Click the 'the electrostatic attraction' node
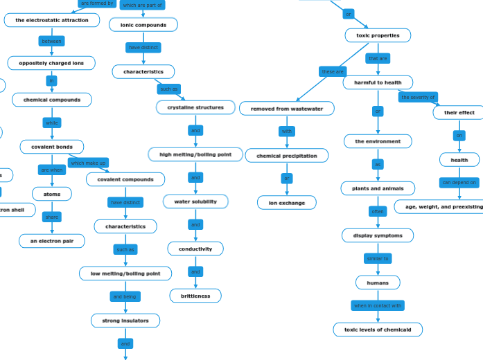52,20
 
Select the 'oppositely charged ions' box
51,63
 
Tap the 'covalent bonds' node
52,147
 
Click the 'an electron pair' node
52,241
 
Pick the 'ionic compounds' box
143,25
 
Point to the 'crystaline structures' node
195,107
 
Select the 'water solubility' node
195,201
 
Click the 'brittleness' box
195,296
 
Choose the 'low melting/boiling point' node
125,273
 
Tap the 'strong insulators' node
125,321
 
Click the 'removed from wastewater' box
287,109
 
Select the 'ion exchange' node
287,203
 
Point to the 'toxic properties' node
378,35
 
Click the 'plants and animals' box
378,188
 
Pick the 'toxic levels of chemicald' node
378,330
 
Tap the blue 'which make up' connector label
88,163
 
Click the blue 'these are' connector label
333,71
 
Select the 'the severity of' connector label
418,97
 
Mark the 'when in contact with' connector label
378,305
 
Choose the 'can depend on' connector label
459,183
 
